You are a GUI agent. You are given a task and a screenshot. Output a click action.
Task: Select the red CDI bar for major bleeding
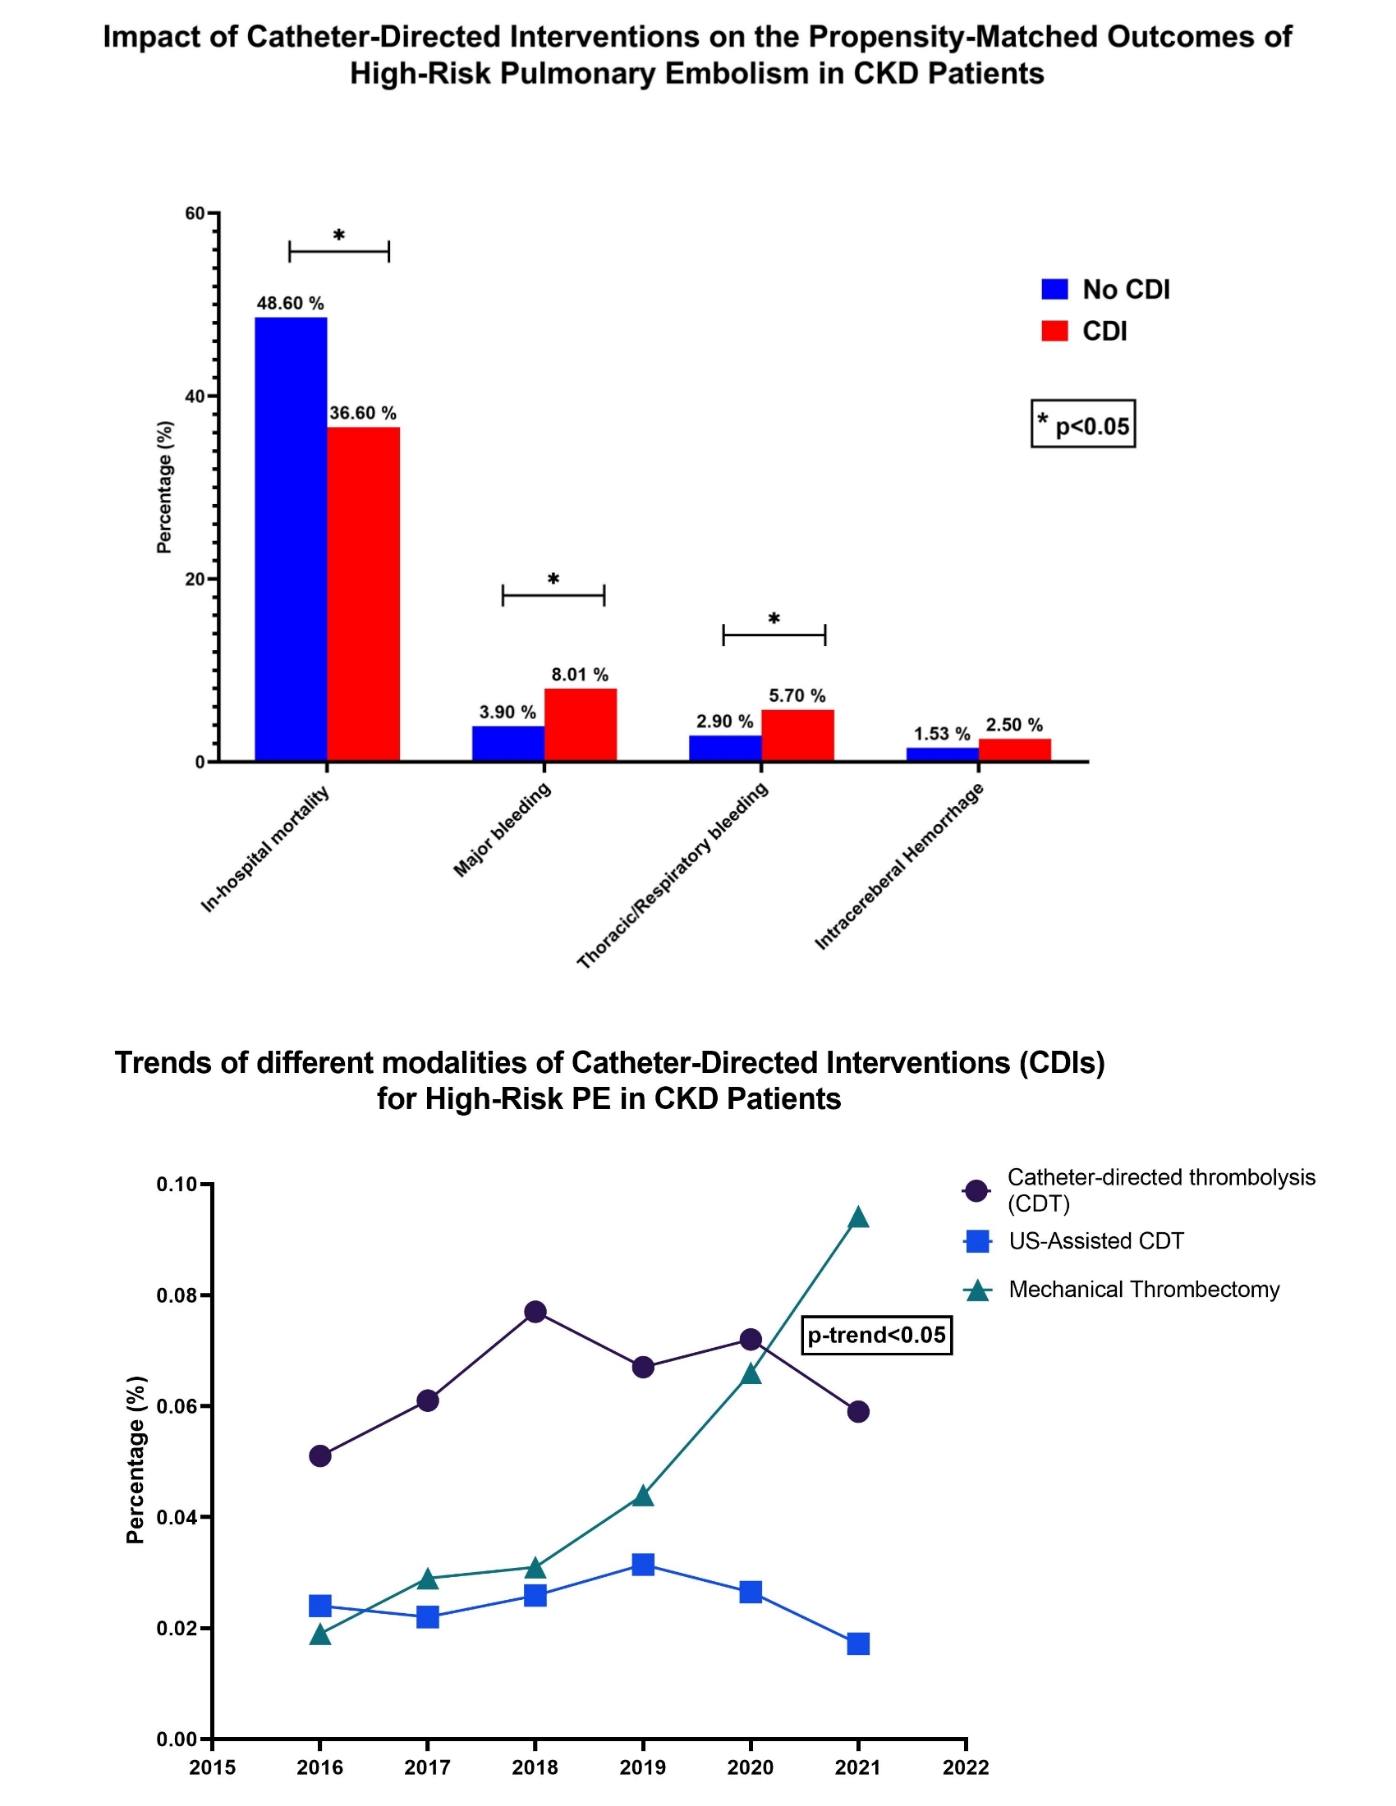point(580,724)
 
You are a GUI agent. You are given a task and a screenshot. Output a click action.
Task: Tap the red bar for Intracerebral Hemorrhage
point(1015,749)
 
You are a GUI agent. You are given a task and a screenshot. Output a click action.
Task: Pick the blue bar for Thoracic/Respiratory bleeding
point(724,748)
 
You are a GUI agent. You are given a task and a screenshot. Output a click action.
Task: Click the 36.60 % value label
point(363,413)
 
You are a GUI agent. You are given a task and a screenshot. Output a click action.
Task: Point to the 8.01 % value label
point(580,675)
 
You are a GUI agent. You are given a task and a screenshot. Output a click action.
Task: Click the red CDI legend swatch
point(1054,331)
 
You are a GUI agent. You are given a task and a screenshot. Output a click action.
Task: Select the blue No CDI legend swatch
point(1054,290)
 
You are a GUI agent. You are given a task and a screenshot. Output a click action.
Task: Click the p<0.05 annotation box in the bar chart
point(1082,424)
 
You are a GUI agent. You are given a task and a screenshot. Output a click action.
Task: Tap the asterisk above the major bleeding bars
point(553,580)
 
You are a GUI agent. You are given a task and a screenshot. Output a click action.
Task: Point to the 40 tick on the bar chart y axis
point(195,396)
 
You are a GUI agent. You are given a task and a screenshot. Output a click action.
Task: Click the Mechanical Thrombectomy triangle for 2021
point(858,1217)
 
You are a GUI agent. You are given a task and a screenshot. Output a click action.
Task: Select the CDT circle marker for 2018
point(535,1312)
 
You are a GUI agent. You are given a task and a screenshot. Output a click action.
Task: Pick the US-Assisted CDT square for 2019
point(644,1564)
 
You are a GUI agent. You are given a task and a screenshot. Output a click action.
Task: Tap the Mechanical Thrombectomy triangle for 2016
point(320,1634)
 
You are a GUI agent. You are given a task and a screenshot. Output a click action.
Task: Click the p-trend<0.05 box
point(877,1336)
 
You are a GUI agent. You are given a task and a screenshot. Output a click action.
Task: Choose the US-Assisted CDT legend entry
point(1095,1241)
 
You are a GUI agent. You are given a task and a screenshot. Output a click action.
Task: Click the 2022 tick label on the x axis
point(966,1768)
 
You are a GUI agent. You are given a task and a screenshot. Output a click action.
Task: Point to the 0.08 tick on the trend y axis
point(177,1295)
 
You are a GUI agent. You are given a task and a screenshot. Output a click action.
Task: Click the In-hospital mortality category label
point(264,850)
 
